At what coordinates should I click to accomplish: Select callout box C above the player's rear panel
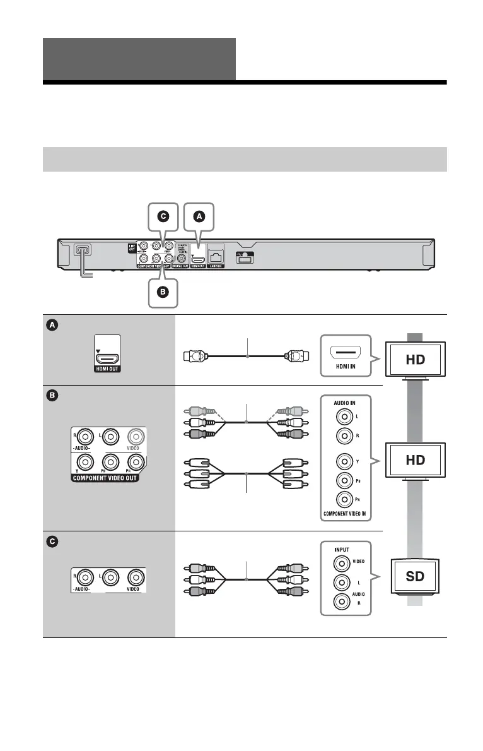[163, 216]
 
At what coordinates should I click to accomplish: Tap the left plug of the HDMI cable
[192, 357]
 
